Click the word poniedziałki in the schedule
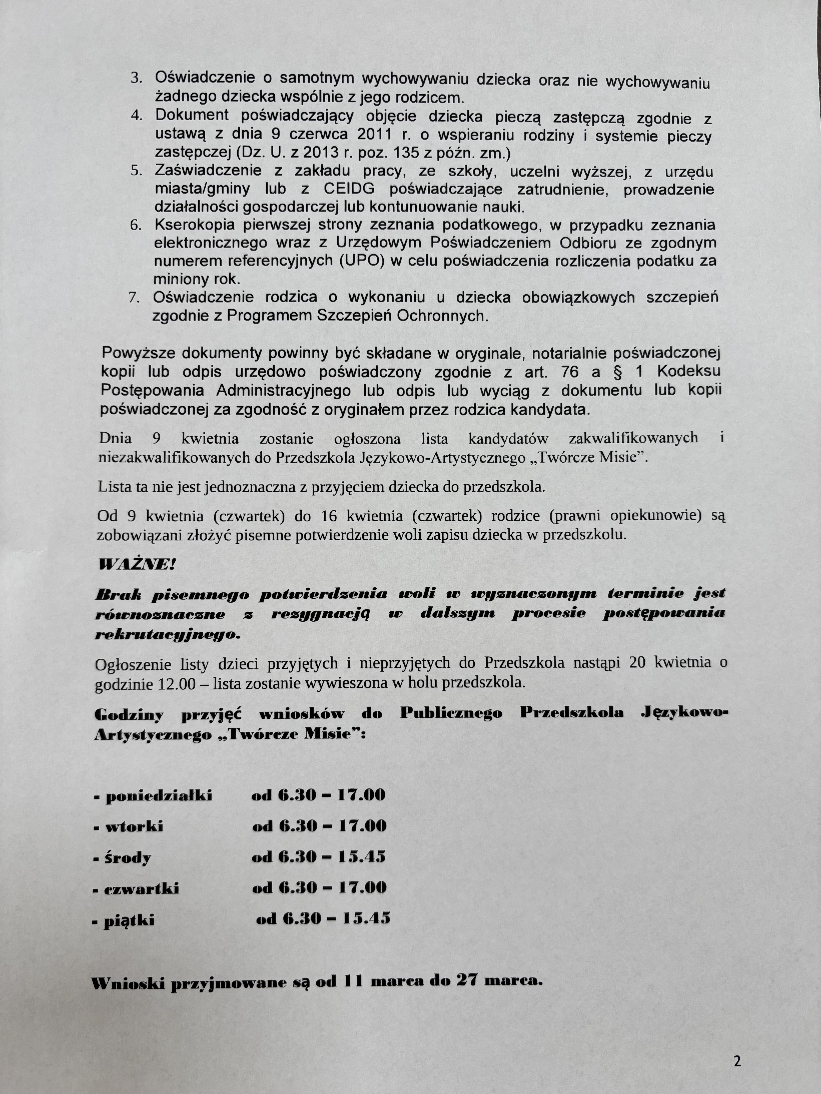158,796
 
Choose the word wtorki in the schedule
134,827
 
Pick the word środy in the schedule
128,858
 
